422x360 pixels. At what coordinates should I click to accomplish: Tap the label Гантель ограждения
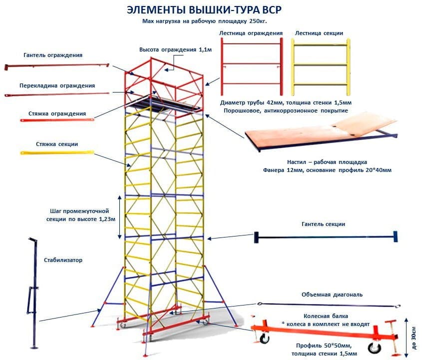53,55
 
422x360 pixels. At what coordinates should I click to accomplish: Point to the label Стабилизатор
63,260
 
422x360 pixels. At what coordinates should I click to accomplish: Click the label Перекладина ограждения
57,85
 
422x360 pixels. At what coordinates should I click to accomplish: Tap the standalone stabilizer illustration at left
33,295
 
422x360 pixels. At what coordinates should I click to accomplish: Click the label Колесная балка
326,316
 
